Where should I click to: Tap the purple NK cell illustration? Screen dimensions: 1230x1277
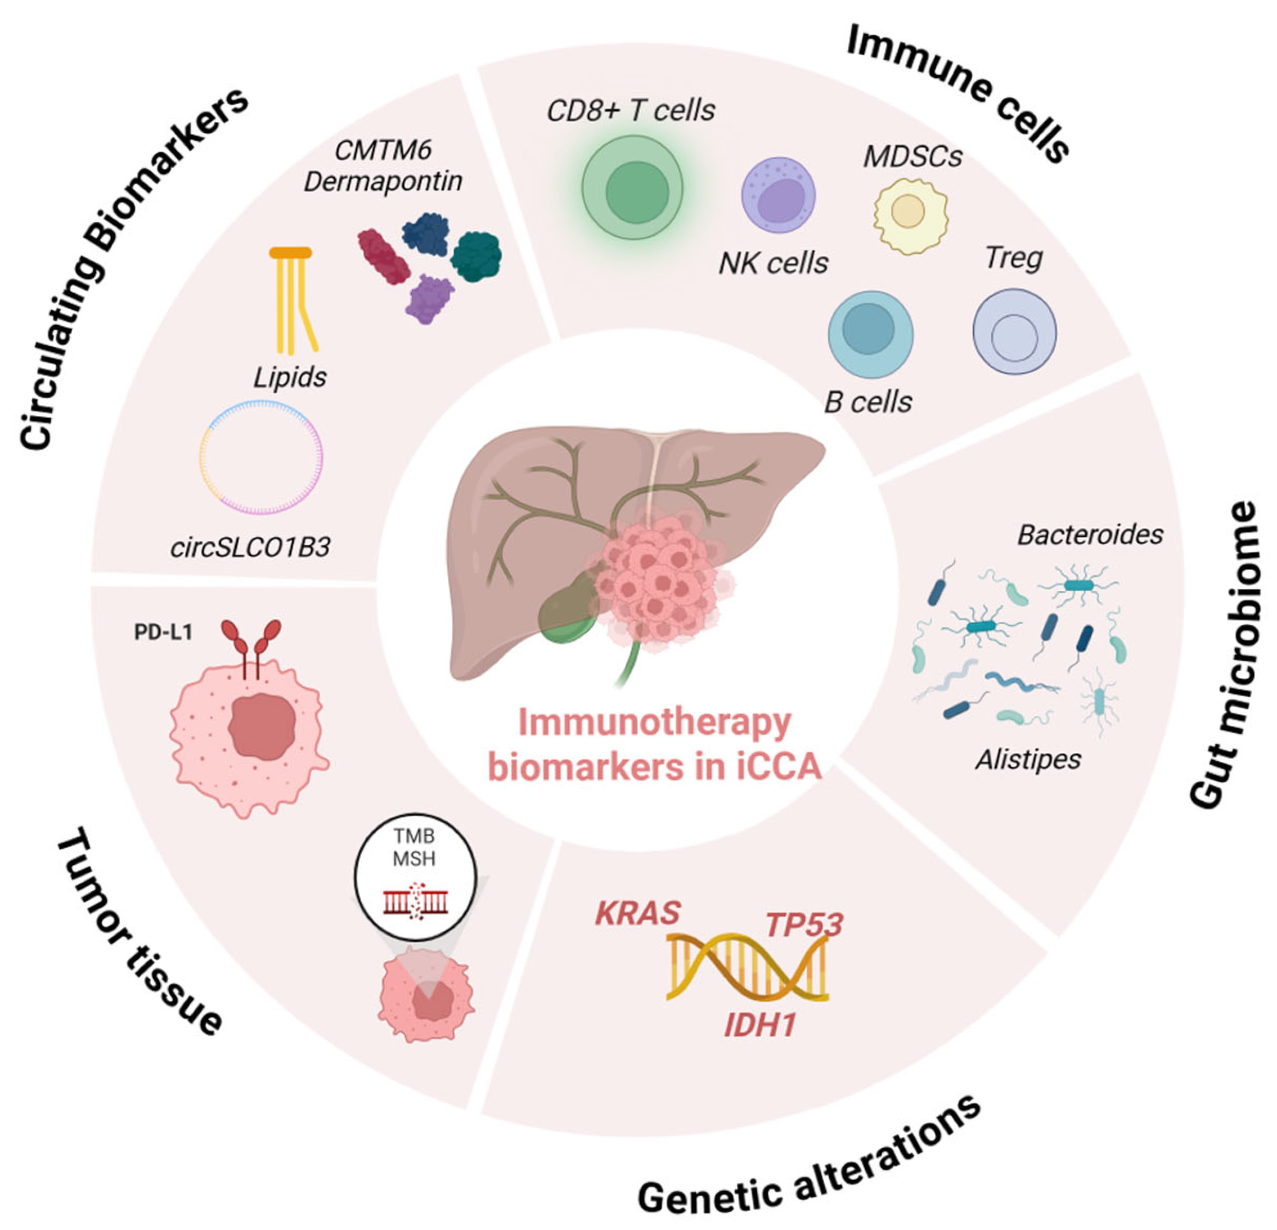pos(778,194)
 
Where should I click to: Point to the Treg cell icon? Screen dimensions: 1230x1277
pos(1014,332)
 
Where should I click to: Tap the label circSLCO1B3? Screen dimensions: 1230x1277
pos(250,547)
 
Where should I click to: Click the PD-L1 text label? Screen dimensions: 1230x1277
pos(163,632)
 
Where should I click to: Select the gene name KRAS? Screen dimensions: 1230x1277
pos(638,913)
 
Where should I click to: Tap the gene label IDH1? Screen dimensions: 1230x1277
pos(759,1025)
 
